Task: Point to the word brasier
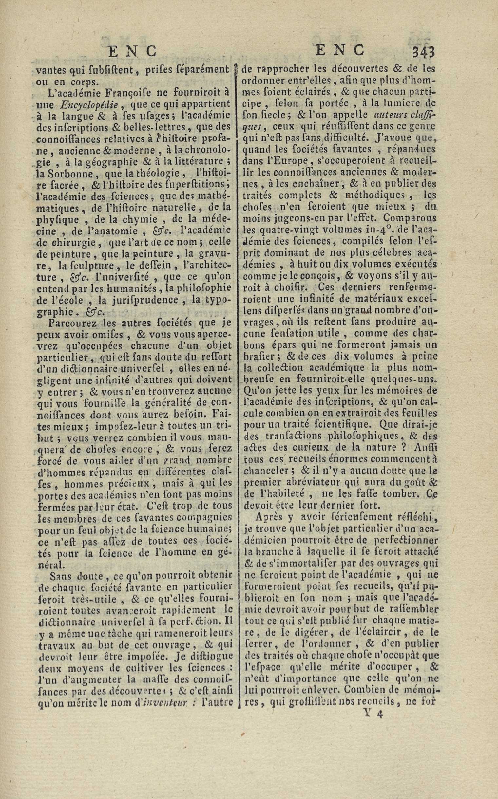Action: [259, 357]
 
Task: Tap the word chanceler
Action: [261, 471]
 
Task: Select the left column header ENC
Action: [132, 52]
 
